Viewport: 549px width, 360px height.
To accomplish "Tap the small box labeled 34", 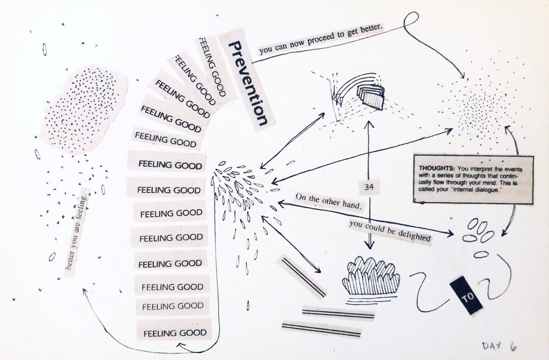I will [x=368, y=187].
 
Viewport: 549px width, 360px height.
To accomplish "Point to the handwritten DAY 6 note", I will [x=499, y=347].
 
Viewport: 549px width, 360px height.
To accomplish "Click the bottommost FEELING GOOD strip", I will [x=174, y=333].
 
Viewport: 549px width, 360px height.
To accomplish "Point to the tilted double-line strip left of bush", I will [x=301, y=277].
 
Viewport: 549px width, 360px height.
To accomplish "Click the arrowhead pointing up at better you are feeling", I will [x=85, y=290].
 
